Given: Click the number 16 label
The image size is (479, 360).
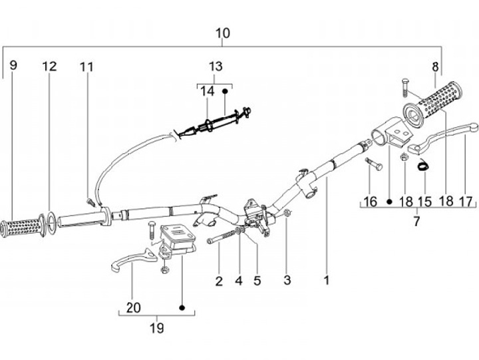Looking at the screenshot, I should [370, 202].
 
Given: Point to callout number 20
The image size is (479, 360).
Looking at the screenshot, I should [133, 308].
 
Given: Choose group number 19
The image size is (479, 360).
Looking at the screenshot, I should [156, 328].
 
